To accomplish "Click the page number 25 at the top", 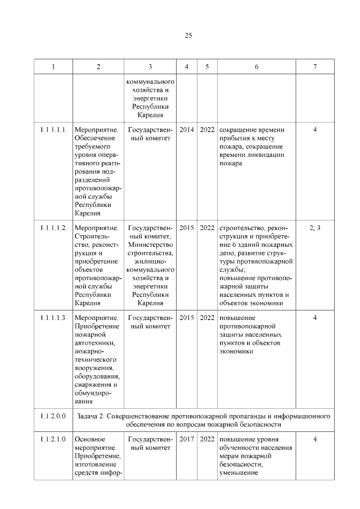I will [188, 35].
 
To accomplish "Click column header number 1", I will [53, 67].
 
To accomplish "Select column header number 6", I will [256, 67].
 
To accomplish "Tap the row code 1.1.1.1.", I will [53, 130].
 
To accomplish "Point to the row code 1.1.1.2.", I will [53, 228].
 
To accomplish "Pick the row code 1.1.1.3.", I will [53, 318].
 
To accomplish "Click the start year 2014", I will [187, 130].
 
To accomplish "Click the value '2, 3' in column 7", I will [315, 228].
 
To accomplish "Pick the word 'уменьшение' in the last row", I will [238, 472].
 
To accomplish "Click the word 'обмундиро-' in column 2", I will [93, 394].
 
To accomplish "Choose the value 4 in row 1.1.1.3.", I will [315, 318].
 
